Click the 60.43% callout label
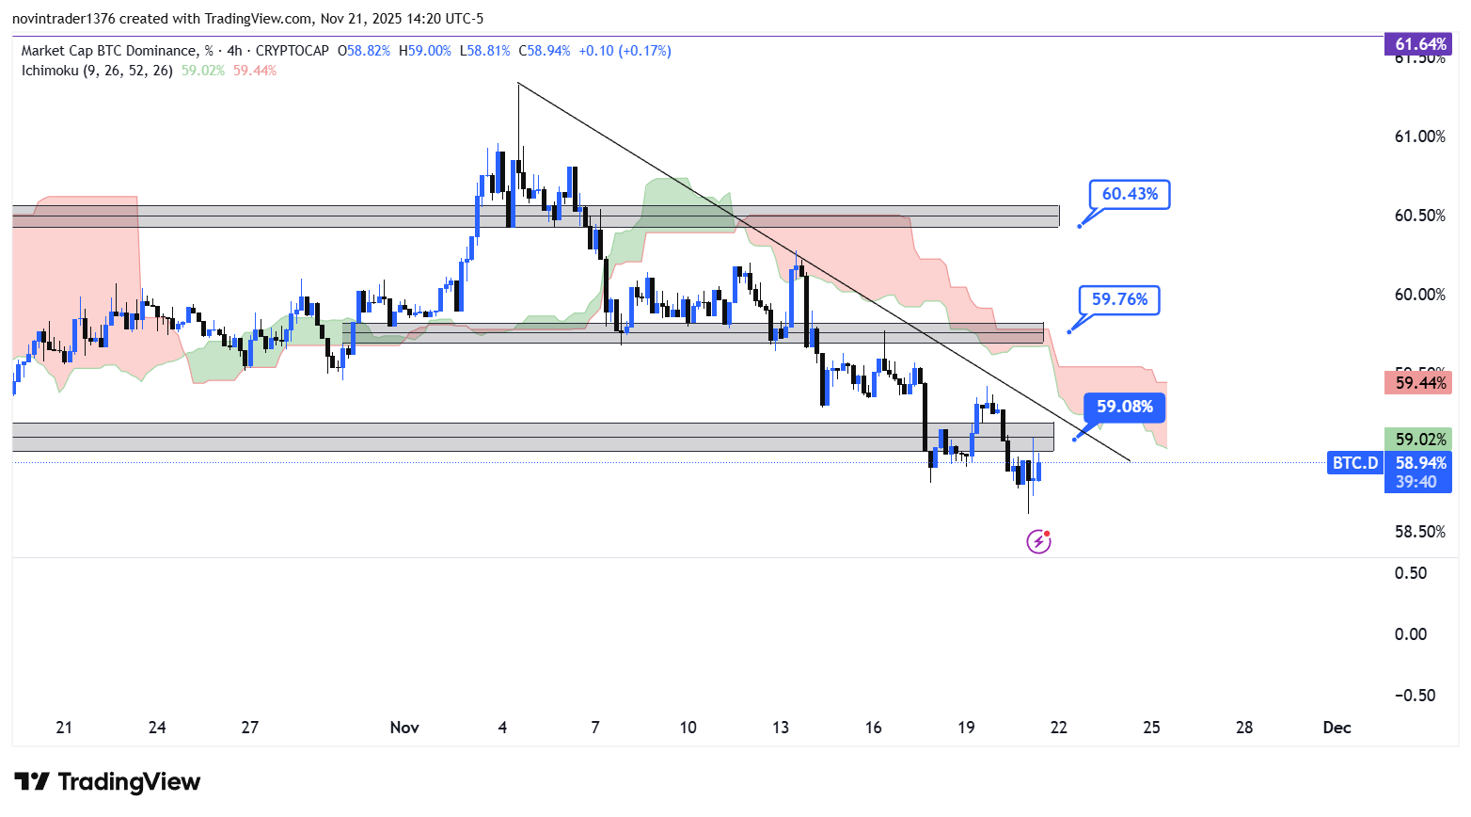[x=1130, y=194]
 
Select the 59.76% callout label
[x=1119, y=299]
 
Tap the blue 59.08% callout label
[x=1124, y=407]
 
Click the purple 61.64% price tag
[x=1418, y=44]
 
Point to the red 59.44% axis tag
[x=1418, y=383]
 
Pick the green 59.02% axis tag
[x=1418, y=440]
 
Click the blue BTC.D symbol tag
[x=1355, y=463]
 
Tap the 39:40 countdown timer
[x=1416, y=482]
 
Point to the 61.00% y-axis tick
[x=1419, y=136]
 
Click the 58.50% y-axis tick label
[x=1419, y=532]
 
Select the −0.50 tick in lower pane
[x=1415, y=696]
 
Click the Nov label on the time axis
[x=404, y=728]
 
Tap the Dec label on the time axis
[x=1337, y=728]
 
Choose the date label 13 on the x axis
[x=781, y=728]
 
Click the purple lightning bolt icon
[x=1038, y=541]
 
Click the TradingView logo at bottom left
[x=107, y=782]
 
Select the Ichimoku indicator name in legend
[x=51, y=71]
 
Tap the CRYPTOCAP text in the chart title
[x=293, y=51]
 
